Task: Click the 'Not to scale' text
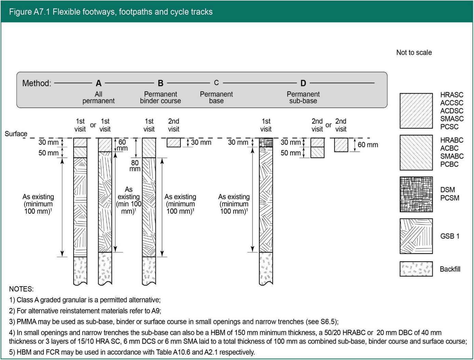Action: [414, 53]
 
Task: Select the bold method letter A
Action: [98, 83]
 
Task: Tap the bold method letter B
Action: [161, 83]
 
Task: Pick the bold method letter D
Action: [303, 83]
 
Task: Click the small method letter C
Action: [216, 83]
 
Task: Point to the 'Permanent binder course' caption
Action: [160, 97]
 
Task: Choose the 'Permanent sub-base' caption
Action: [303, 97]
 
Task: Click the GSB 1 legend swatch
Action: [416, 236]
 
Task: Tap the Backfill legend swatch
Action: [416, 269]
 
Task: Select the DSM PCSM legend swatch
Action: [416, 194]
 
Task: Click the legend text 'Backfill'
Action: [450, 269]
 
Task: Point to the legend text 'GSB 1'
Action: [450, 236]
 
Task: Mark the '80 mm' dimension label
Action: [135, 166]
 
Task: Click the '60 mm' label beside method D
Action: [368, 145]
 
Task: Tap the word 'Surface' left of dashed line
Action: [16, 134]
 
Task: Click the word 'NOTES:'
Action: [21, 289]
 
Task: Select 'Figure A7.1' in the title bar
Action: [29, 12]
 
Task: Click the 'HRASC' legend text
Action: [451, 95]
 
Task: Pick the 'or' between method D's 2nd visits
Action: [328, 125]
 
